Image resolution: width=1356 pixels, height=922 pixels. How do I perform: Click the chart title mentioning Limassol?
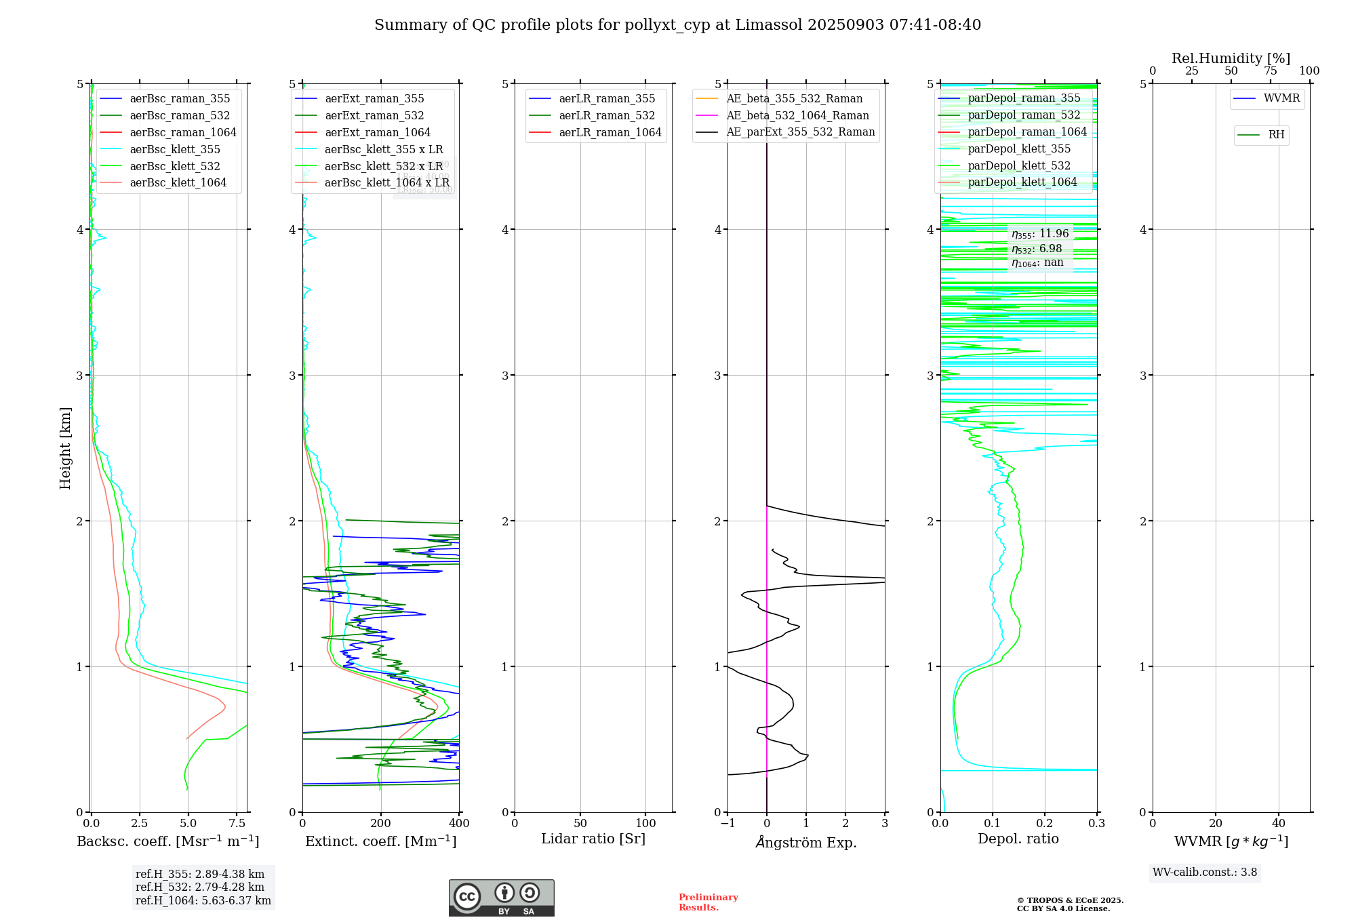[677, 25]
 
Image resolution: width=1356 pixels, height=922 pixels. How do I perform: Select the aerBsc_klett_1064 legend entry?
[178, 183]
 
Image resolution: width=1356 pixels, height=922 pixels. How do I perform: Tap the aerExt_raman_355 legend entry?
[374, 99]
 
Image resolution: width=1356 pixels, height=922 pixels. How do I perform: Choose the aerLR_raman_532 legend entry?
[607, 116]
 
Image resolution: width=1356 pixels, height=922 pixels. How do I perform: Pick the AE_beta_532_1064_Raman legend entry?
[797, 116]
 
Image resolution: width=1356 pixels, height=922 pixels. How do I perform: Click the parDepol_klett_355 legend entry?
[1019, 149]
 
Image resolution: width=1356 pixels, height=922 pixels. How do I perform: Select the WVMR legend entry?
[1281, 98]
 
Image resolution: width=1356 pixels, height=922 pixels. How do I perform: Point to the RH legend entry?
[1276, 135]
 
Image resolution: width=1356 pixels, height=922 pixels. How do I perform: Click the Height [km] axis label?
[65, 448]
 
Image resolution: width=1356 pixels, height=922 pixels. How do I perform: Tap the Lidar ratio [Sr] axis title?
[593, 839]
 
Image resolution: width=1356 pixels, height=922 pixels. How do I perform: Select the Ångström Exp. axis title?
[805, 843]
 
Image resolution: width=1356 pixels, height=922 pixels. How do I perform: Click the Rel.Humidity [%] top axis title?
[1231, 58]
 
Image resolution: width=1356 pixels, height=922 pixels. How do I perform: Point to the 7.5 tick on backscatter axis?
[237, 824]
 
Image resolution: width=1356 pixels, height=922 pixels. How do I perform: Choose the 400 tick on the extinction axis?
[459, 824]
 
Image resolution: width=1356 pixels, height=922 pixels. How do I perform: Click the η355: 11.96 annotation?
[1040, 234]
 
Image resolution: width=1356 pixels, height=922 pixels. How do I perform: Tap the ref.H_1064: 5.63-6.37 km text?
[203, 901]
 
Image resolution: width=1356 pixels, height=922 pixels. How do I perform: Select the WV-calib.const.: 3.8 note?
[1205, 873]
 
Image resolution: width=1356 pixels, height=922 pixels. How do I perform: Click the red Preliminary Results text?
[708, 902]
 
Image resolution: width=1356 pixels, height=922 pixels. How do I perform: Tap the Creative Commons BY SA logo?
[501, 898]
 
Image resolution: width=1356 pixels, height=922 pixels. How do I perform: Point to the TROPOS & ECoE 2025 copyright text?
[1070, 901]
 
